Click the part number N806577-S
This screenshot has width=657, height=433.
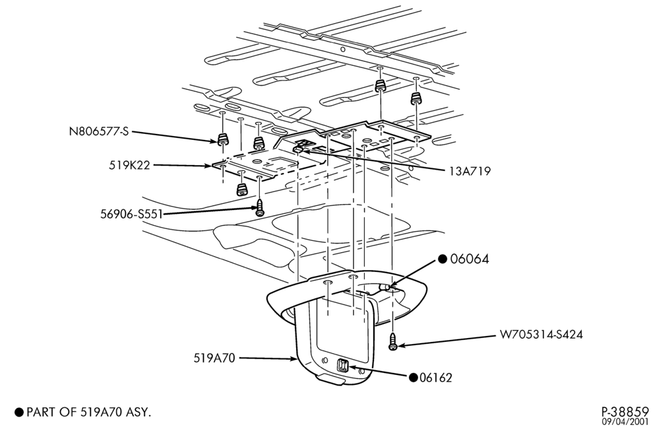click(99, 131)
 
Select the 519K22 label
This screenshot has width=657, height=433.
click(129, 165)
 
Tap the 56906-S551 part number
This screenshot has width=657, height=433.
click(131, 215)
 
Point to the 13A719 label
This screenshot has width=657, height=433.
click(469, 171)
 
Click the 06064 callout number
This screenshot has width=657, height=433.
click(469, 259)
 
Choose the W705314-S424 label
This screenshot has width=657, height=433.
click(541, 335)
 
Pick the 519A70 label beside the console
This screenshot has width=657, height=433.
click(214, 358)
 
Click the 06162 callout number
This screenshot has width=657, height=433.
click(436, 378)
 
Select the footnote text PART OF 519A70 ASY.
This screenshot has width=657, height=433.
click(88, 412)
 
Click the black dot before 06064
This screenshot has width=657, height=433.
click(443, 259)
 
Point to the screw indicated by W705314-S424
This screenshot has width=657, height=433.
click(393, 341)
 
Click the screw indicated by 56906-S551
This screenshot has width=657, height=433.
click(260, 208)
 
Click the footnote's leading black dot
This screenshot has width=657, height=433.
click(19, 412)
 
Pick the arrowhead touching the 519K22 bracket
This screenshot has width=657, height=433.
click(208, 166)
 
